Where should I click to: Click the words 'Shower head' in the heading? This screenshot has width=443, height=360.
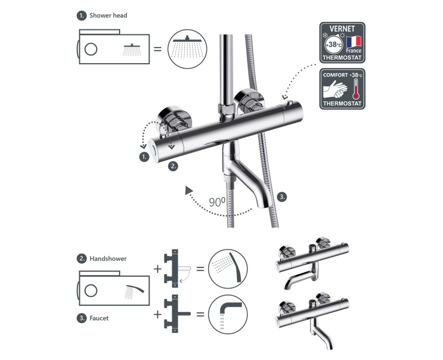tap(108, 16)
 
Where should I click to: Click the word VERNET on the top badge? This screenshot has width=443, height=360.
tap(342, 29)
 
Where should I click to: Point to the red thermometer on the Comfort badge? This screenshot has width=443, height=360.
tap(356, 89)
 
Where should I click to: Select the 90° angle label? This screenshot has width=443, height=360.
tap(217, 202)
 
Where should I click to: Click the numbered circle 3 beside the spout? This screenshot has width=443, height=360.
tap(282, 197)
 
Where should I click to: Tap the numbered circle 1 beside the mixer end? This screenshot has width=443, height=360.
tap(145, 157)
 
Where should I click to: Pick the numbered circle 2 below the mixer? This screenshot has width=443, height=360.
tap(173, 166)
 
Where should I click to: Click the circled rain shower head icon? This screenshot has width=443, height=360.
tap(187, 49)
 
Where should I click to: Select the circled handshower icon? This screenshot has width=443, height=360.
tap(228, 269)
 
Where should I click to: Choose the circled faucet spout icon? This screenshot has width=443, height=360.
tap(228, 314)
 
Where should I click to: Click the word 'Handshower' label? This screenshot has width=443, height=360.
tap(108, 259)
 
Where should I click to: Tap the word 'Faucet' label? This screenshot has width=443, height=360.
tap(99, 318)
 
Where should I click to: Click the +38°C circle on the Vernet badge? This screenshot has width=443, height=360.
tap(334, 45)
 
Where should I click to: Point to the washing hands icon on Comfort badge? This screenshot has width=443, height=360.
tap(335, 89)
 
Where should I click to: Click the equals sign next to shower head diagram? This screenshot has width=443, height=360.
tap(158, 49)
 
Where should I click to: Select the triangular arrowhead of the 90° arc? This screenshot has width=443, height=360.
tap(188, 190)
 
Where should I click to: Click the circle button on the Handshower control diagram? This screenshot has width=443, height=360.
tap(91, 290)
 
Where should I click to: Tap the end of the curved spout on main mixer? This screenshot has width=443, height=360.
tap(261, 205)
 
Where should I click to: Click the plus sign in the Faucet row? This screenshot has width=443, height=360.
tap(158, 314)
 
